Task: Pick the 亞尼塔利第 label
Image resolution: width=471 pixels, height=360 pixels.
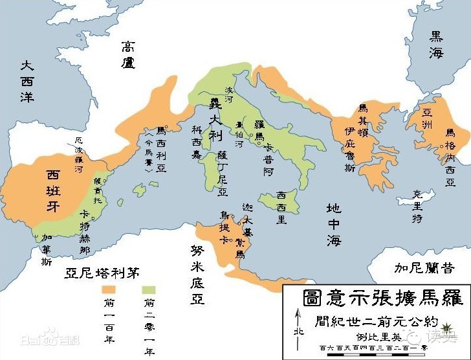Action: click(102, 272)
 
